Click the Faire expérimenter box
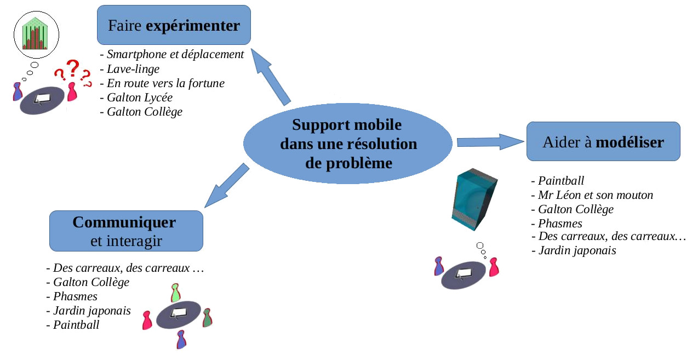click(174, 25)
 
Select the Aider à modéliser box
click(603, 141)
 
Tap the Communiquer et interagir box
click(126, 231)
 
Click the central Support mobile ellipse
click(348, 144)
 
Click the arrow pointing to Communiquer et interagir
click(226, 186)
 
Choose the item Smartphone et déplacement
click(175, 54)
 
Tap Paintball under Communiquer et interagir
click(76, 325)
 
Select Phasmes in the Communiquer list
click(75, 296)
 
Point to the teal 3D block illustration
click(473, 201)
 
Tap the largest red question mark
click(72, 70)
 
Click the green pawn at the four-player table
click(175, 293)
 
